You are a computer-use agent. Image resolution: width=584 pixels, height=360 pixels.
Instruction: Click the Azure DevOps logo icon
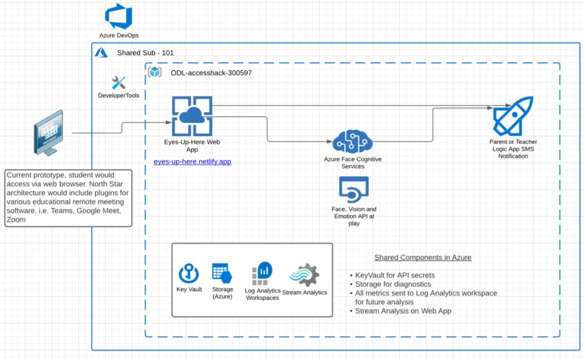point(118,16)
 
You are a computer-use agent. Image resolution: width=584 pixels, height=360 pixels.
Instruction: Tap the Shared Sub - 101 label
point(145,53)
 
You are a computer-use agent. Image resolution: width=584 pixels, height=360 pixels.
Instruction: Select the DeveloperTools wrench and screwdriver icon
point(118,83)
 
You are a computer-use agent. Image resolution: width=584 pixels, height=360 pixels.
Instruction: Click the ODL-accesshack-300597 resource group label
point(211,73)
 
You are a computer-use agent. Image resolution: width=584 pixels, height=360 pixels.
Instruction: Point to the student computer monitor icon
point(49,133)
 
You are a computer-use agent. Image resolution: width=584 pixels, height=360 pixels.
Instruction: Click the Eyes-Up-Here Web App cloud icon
point(192,116)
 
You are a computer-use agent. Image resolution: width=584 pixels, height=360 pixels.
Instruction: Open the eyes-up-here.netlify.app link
point(192,162)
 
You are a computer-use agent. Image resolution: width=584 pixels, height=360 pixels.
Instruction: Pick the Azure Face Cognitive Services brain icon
point(352,141)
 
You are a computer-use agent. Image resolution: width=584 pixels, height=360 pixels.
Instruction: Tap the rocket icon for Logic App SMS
point(513,116)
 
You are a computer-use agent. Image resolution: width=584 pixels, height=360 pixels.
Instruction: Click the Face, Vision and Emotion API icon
point(354,189)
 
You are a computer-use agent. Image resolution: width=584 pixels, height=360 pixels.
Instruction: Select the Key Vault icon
point(188,273)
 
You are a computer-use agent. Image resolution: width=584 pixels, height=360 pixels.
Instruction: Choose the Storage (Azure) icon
point(222,273)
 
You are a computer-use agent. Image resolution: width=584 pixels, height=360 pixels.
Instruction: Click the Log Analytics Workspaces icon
point(262,273)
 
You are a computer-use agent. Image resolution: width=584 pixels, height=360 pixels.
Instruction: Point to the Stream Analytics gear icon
point(304,275)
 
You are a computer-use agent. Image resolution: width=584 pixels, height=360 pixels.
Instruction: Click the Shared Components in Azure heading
point(422,257)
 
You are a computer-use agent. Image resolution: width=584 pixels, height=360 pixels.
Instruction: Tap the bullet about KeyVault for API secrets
point(393,275)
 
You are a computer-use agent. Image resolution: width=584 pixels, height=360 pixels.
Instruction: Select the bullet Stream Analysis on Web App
point(401,311)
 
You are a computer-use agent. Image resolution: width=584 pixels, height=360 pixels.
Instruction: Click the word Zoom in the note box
point(16,219)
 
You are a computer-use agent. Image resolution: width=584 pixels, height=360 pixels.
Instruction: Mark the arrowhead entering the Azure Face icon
point(329,141)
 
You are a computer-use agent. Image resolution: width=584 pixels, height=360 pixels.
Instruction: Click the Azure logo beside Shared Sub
point(101,52)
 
